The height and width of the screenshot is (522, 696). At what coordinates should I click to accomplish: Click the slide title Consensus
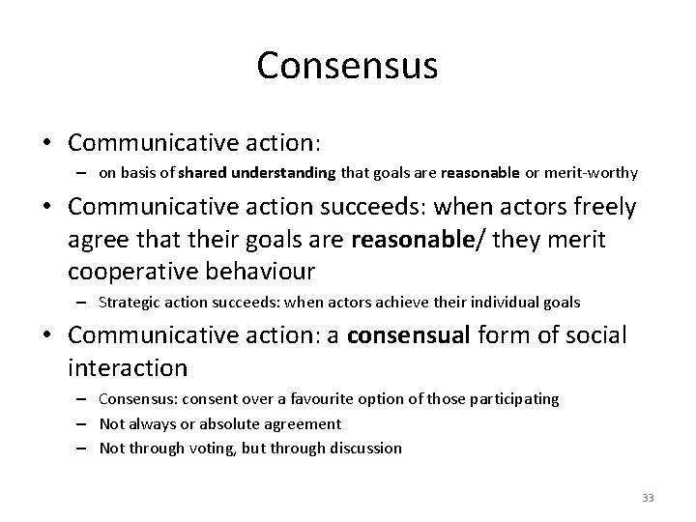(347, 66)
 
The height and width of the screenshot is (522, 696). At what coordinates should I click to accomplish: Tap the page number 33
(648, 498)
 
